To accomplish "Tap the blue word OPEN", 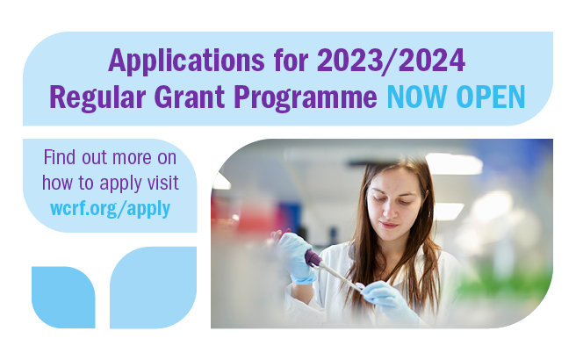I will click(x=492, y=96).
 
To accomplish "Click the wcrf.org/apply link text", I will click(x=111, y=208).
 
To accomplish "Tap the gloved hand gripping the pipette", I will click(x=295, y=256).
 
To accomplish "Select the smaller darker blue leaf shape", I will click(x=62, y=297).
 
